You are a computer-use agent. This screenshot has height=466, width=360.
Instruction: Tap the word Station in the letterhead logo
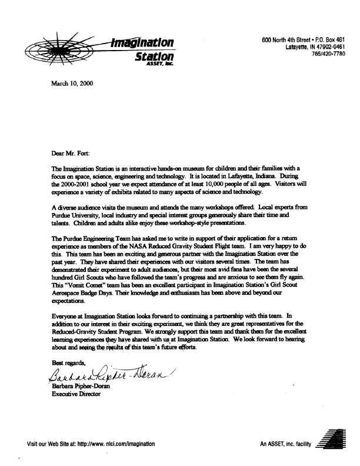(x=155, y=58)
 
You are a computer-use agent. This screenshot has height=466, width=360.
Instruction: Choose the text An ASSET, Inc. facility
(x=284, y=444)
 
